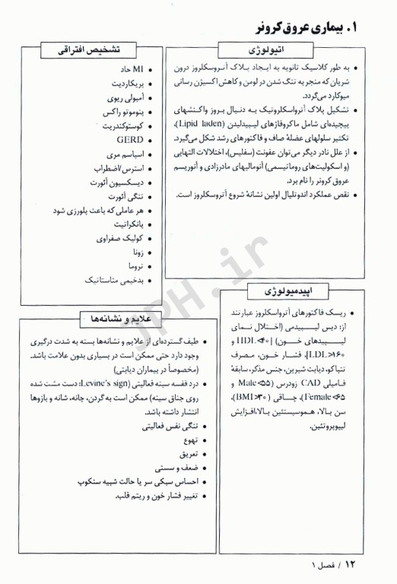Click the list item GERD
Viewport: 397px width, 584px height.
coord(130,140)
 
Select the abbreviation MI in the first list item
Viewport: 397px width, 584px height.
coord(138,69)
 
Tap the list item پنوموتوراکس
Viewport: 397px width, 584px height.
coord(124,112)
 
